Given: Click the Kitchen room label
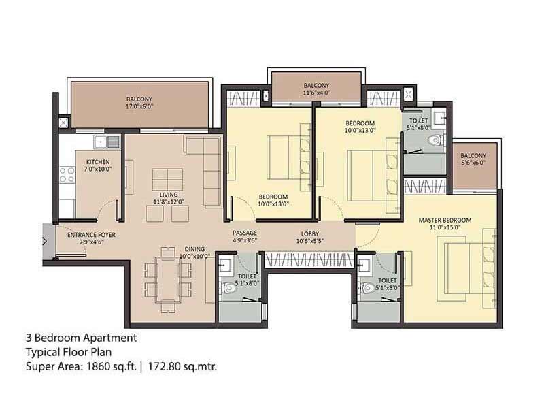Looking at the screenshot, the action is (x=98, y=162).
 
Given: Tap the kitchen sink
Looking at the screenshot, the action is (x=107, y=142).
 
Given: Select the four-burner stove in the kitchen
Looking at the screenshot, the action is (x=67, y=175).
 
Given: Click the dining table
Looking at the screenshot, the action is (x=168, y=280).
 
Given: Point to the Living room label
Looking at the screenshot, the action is (x=169, y=195).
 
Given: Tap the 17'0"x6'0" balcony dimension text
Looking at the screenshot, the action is (x=139, y=106).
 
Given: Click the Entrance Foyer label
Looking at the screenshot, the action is (x=91, y=235).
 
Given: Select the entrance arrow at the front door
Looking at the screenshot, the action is (x=45, y=241).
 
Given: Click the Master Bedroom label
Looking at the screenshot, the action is (x=445, y=220).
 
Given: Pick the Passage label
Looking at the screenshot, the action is (x=245, y=233).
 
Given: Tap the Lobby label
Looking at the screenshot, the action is (x=310, y=233).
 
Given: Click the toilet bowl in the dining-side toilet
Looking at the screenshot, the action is (x=228, y=288).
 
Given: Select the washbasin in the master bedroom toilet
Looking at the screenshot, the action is (x=364, y=265).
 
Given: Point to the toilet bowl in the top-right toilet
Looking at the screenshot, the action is (x=435, y=140).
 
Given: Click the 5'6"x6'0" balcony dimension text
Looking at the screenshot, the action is (x=473, y=163).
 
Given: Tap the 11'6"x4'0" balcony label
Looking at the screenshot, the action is (x=316, y=89).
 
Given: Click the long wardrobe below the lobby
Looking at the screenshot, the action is (x=309, y=260).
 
